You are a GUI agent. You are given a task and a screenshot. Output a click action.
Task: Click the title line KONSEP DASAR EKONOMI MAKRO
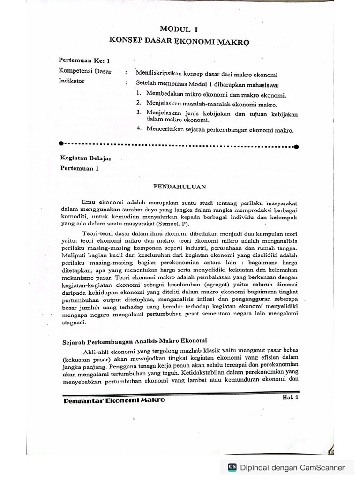coord(180,41)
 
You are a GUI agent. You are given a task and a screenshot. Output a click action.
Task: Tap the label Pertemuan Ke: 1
coord(84,61)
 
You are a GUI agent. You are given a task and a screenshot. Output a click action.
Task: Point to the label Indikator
coord(72,81)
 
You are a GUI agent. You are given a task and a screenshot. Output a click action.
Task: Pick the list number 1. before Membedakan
coord(139,94)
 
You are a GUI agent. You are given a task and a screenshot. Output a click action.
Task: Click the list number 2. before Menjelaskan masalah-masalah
coord(139,103)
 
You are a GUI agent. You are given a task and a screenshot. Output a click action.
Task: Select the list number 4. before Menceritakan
coord(139,129)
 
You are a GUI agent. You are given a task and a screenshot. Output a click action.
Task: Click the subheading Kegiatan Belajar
coord(87,158)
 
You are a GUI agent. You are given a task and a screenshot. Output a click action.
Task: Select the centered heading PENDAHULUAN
coord(180,186)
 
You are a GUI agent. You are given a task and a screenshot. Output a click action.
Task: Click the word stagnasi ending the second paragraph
coord(74,323)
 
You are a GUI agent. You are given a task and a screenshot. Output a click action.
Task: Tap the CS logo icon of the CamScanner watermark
coord(232,467)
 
